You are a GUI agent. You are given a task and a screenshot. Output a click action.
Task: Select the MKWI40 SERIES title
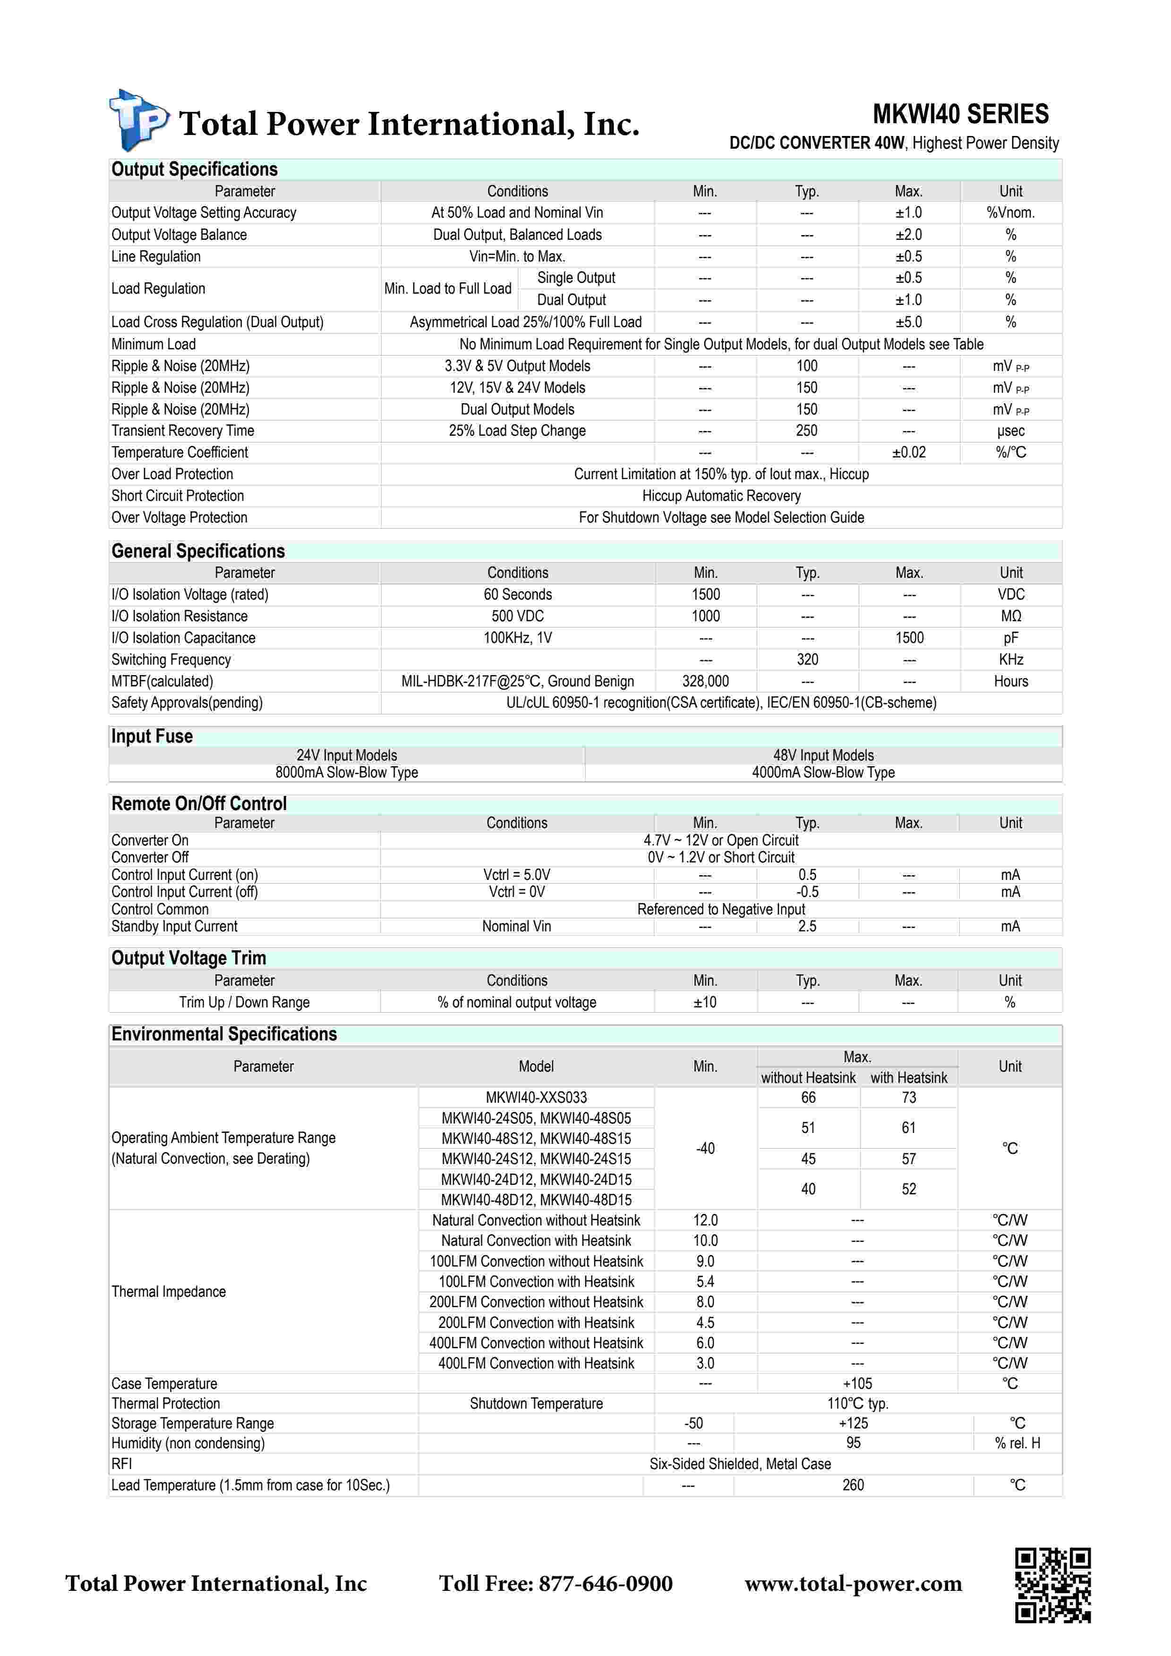(960, 114)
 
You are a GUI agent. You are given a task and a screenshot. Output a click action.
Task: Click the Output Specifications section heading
(194, 169)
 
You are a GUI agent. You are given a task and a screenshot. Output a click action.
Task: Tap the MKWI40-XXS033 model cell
(536, 1097)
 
